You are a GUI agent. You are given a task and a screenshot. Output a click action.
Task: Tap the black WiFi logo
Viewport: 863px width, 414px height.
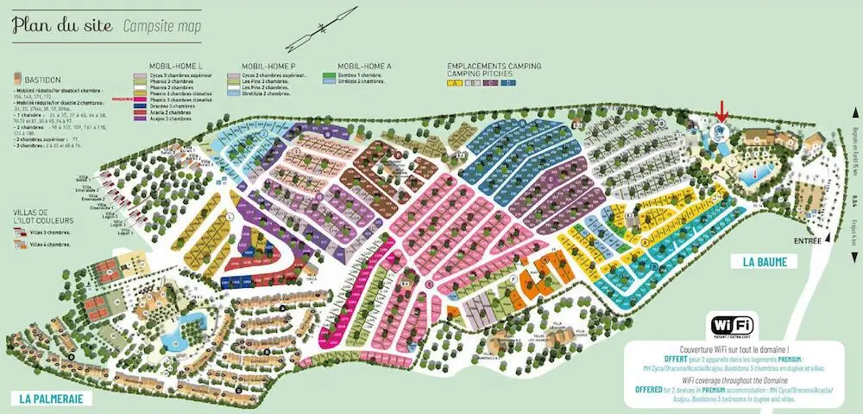[x=731, y=325]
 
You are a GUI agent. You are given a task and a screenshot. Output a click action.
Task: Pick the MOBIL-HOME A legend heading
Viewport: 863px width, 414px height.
[x=365, y=66]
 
